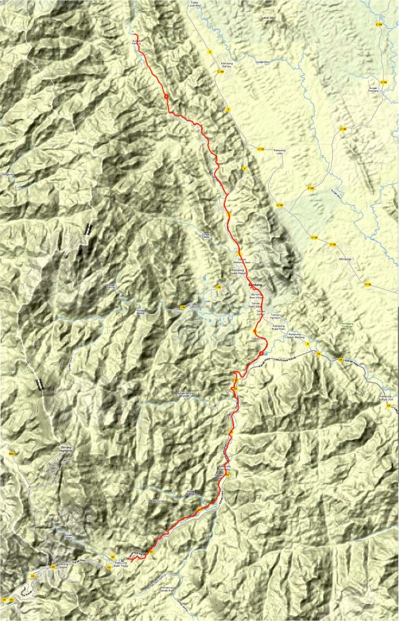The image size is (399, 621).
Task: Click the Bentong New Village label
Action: click(x=261, y=296)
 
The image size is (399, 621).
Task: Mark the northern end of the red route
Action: click(x=135, y=34)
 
